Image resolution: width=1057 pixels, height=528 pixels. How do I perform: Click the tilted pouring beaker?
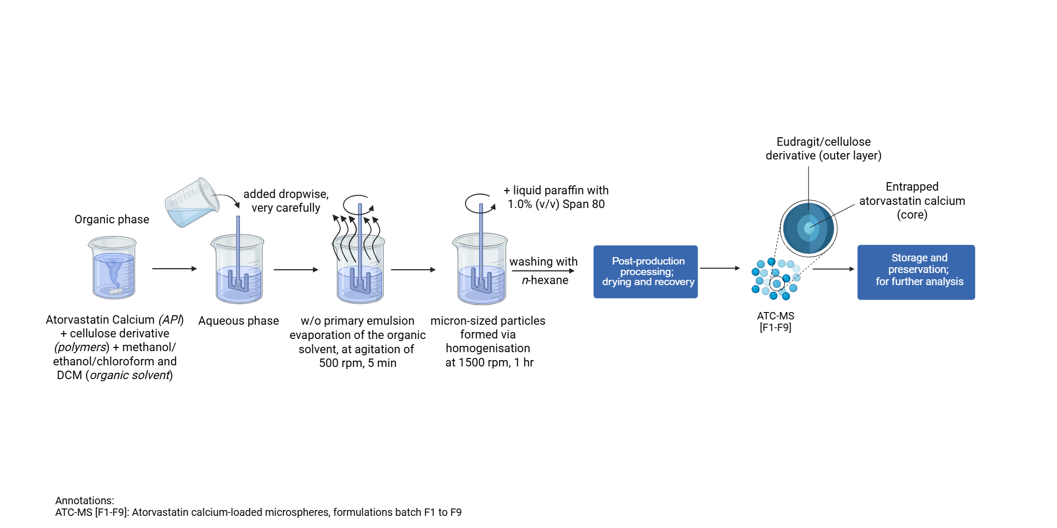(191, 203)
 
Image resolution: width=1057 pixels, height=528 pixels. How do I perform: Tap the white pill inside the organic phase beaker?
(116, 291)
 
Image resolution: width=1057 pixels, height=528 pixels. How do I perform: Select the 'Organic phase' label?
(112, 219)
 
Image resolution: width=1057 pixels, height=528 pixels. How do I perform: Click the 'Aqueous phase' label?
(238, 320)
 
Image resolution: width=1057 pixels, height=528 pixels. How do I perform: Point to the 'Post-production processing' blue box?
(645, 271)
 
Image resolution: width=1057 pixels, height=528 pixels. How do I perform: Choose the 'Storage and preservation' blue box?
(916, 272)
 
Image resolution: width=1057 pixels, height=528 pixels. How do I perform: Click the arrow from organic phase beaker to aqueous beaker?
(174, 269)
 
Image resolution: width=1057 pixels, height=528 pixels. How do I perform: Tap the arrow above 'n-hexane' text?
(543, 271)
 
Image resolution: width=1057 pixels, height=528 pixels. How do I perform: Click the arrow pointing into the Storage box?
(833, 269)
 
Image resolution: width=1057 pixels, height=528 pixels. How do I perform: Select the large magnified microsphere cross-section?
(808, 229)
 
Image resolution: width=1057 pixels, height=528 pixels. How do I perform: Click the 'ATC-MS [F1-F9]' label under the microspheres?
(775, 322)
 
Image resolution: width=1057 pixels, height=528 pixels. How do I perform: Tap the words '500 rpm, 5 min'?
(358, 363)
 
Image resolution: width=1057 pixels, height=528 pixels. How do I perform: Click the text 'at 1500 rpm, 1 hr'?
(489, 363)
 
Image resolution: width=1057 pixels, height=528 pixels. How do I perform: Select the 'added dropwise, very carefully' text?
(286, 201)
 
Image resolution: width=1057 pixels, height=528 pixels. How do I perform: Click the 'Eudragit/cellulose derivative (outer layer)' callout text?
(823, 148)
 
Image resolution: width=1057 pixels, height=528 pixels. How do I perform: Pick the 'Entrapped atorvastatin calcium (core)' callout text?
(912, 201)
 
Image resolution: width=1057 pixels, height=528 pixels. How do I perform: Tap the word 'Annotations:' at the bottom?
(85, 501)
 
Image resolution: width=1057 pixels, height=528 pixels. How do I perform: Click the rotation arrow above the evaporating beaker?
(358, 204)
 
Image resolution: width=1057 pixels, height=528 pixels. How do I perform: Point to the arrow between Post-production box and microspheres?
(720, 268)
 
